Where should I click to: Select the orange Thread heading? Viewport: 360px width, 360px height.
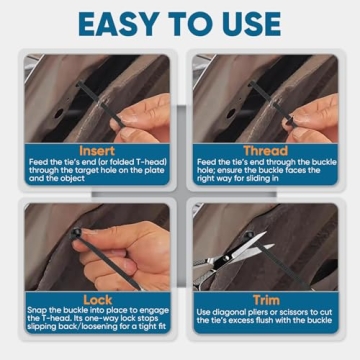(267, 150)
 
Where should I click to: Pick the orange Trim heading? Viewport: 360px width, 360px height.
(267, 299)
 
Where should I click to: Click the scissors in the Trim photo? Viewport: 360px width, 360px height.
(235, 255)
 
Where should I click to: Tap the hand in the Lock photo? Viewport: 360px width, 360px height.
(130, 255)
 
